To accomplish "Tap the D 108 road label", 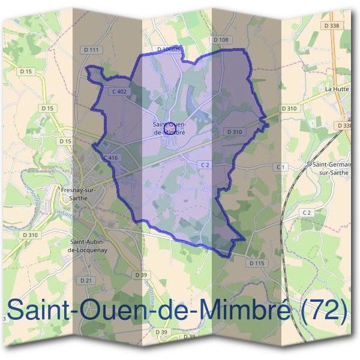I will tap(221, 40).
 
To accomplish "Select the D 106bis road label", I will tap(169, 49).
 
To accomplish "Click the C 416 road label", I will tap(110, 157).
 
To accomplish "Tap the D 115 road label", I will tap(256, 263).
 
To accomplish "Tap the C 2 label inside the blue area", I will tap(205, 164).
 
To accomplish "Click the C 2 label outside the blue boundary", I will tap(307, 212).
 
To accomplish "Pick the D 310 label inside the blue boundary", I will tap(235, 131).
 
